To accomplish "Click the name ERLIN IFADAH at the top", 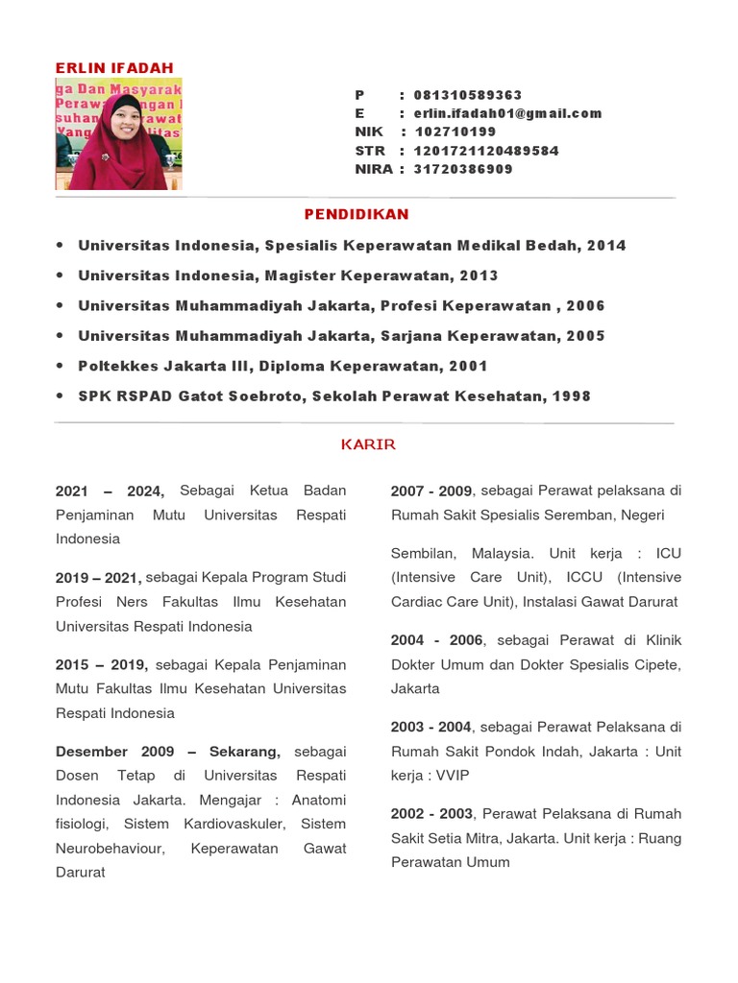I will point(114,68).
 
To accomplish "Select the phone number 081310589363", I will point(468,95).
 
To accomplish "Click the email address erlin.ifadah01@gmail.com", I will point(507,113).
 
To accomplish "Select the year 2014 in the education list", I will point(606,246).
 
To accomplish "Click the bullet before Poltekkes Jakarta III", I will point(61,366).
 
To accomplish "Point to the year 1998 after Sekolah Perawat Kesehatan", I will point(572,396).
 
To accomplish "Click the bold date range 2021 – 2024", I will point(111,491).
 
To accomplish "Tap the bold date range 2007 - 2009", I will point(431,491).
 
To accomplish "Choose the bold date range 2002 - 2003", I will point(431,814).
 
